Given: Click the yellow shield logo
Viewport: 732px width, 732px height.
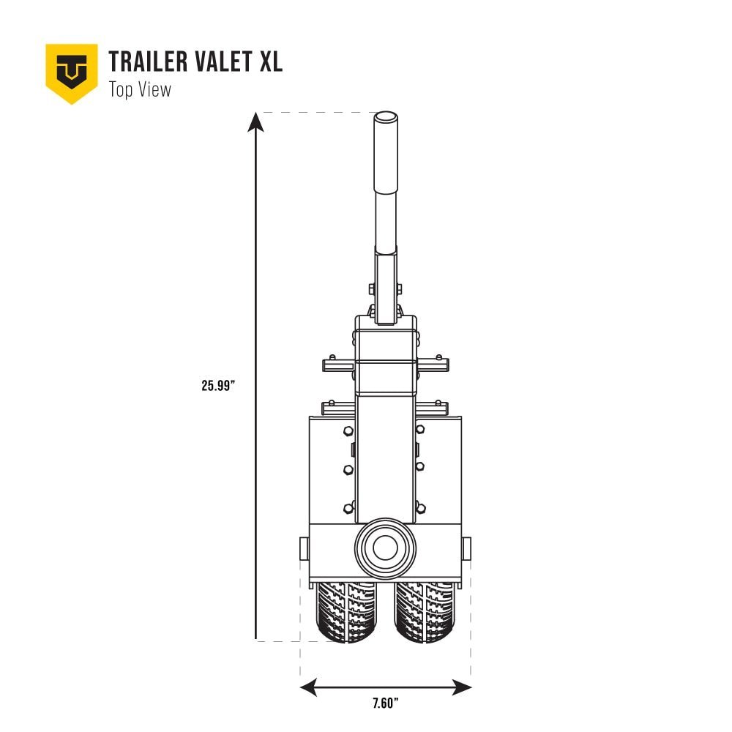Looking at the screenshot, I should (72, 72).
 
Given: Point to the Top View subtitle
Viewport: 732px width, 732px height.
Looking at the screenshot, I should (140, 90).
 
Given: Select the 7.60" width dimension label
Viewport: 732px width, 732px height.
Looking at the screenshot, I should (385, 704).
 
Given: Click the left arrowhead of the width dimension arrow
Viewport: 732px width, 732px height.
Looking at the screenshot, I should (308, 687).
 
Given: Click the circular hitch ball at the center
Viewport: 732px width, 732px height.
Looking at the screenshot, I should (386, 548).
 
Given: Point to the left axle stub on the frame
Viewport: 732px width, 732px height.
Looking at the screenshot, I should (304, 548).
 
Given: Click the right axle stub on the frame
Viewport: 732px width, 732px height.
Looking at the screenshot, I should (467, 548).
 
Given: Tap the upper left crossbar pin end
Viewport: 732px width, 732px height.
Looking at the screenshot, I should (326, 363).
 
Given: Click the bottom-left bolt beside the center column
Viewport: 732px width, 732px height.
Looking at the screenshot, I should (348, 507).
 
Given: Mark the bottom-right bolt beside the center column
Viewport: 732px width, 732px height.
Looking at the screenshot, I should (421, 507).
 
